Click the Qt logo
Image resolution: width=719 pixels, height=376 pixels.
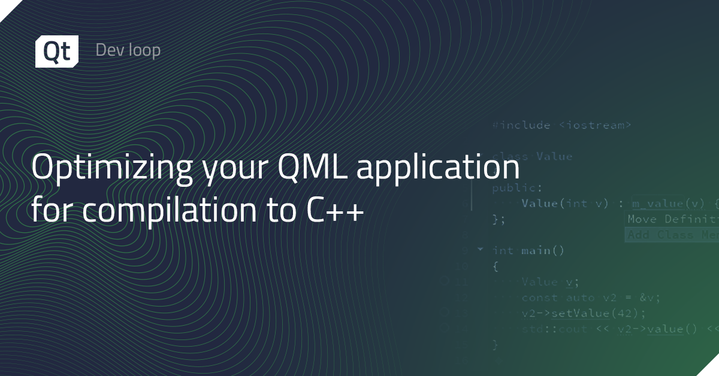(x=56, y=51)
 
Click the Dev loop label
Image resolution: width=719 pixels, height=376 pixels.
(x=128, y=50)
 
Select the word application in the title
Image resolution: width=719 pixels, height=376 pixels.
(x=439, y=169)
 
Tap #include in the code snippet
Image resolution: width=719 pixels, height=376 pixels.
(x=521, y=125)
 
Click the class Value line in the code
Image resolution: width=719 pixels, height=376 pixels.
(x=532, y=157)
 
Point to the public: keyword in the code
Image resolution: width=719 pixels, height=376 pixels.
(x=509, y=188)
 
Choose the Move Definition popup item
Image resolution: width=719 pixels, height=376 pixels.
(x=671, y=219)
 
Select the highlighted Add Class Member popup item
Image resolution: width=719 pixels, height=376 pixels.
(x=671, y=235)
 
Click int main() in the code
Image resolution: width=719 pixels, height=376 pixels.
(x=528, y=250)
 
